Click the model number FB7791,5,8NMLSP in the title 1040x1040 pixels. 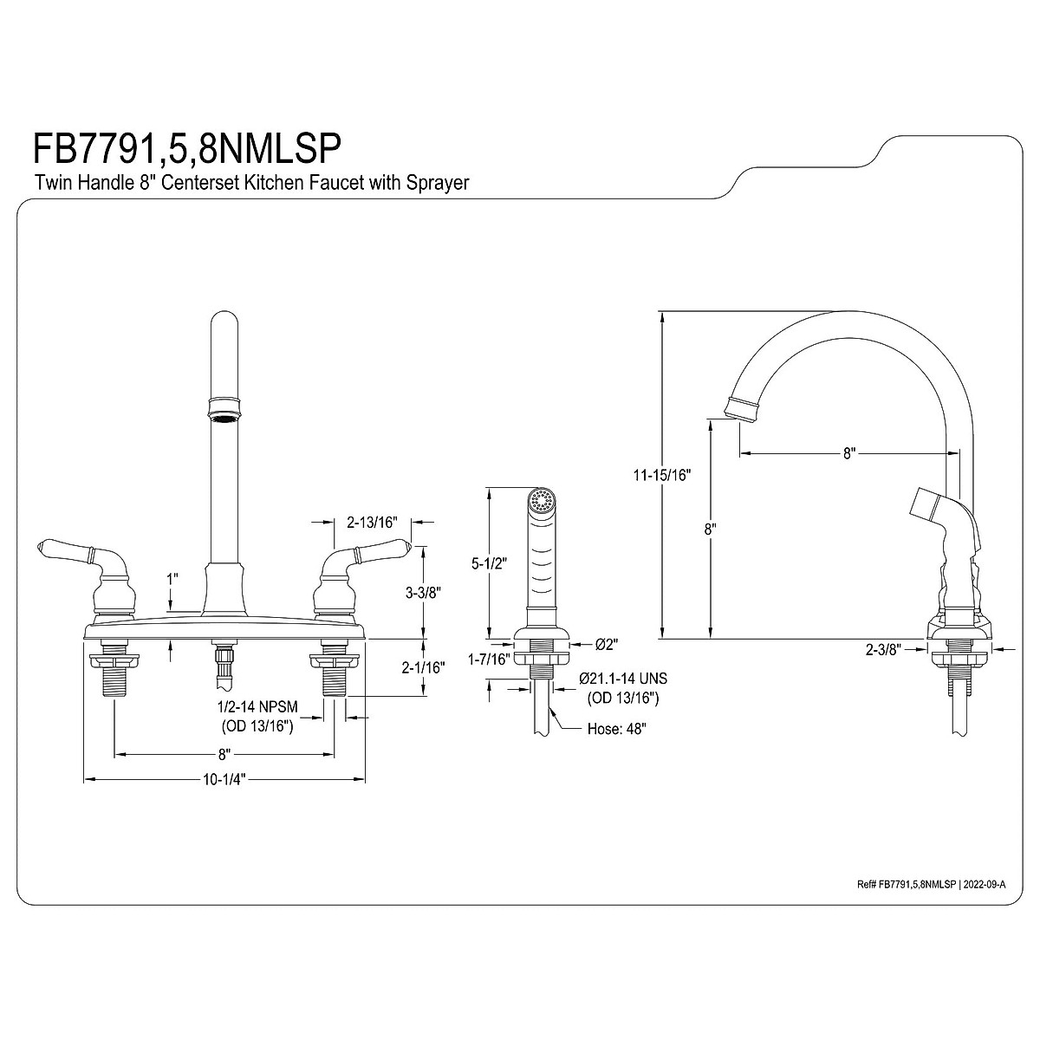pos(184,147)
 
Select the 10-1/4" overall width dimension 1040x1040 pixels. pos(224,778)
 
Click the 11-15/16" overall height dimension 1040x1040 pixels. pos(662,474)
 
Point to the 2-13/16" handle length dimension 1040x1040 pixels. pos(372,522)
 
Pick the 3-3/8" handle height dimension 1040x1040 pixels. pos(424,593)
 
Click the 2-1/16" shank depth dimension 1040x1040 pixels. pos(425,667)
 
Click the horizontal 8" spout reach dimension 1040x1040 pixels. pos(849,452)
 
